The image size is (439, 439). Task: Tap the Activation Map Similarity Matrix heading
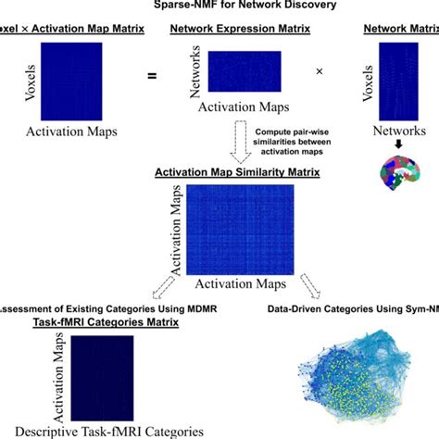tap(219, 171)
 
